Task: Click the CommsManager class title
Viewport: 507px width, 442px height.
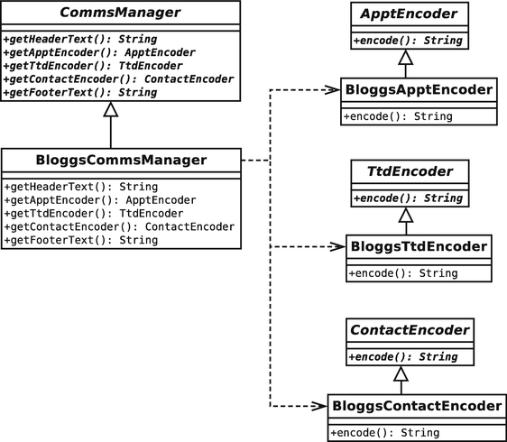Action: pyautogui.click(x=120, y=14)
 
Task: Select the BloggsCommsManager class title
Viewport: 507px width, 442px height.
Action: pyautogui.click(x=120, y=161)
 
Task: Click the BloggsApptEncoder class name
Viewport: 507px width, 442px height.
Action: pyautogui.click(x=419, y=90)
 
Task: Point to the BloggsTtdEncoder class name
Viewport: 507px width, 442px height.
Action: pyautogui.click(x=419, y=246)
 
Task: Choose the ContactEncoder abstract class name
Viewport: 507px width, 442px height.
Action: pyautogui.click(x=407, y=330)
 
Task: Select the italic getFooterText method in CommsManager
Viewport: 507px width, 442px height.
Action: pyautogui.click(x=79, y=92)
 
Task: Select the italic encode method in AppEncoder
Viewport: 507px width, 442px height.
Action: pyautogui.click(x=407, y=41)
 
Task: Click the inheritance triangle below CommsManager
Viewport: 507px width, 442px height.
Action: pyautogui.click(x=111, y=110)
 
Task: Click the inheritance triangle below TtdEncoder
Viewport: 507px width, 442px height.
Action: pyautogui.click(x=407, y=216)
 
